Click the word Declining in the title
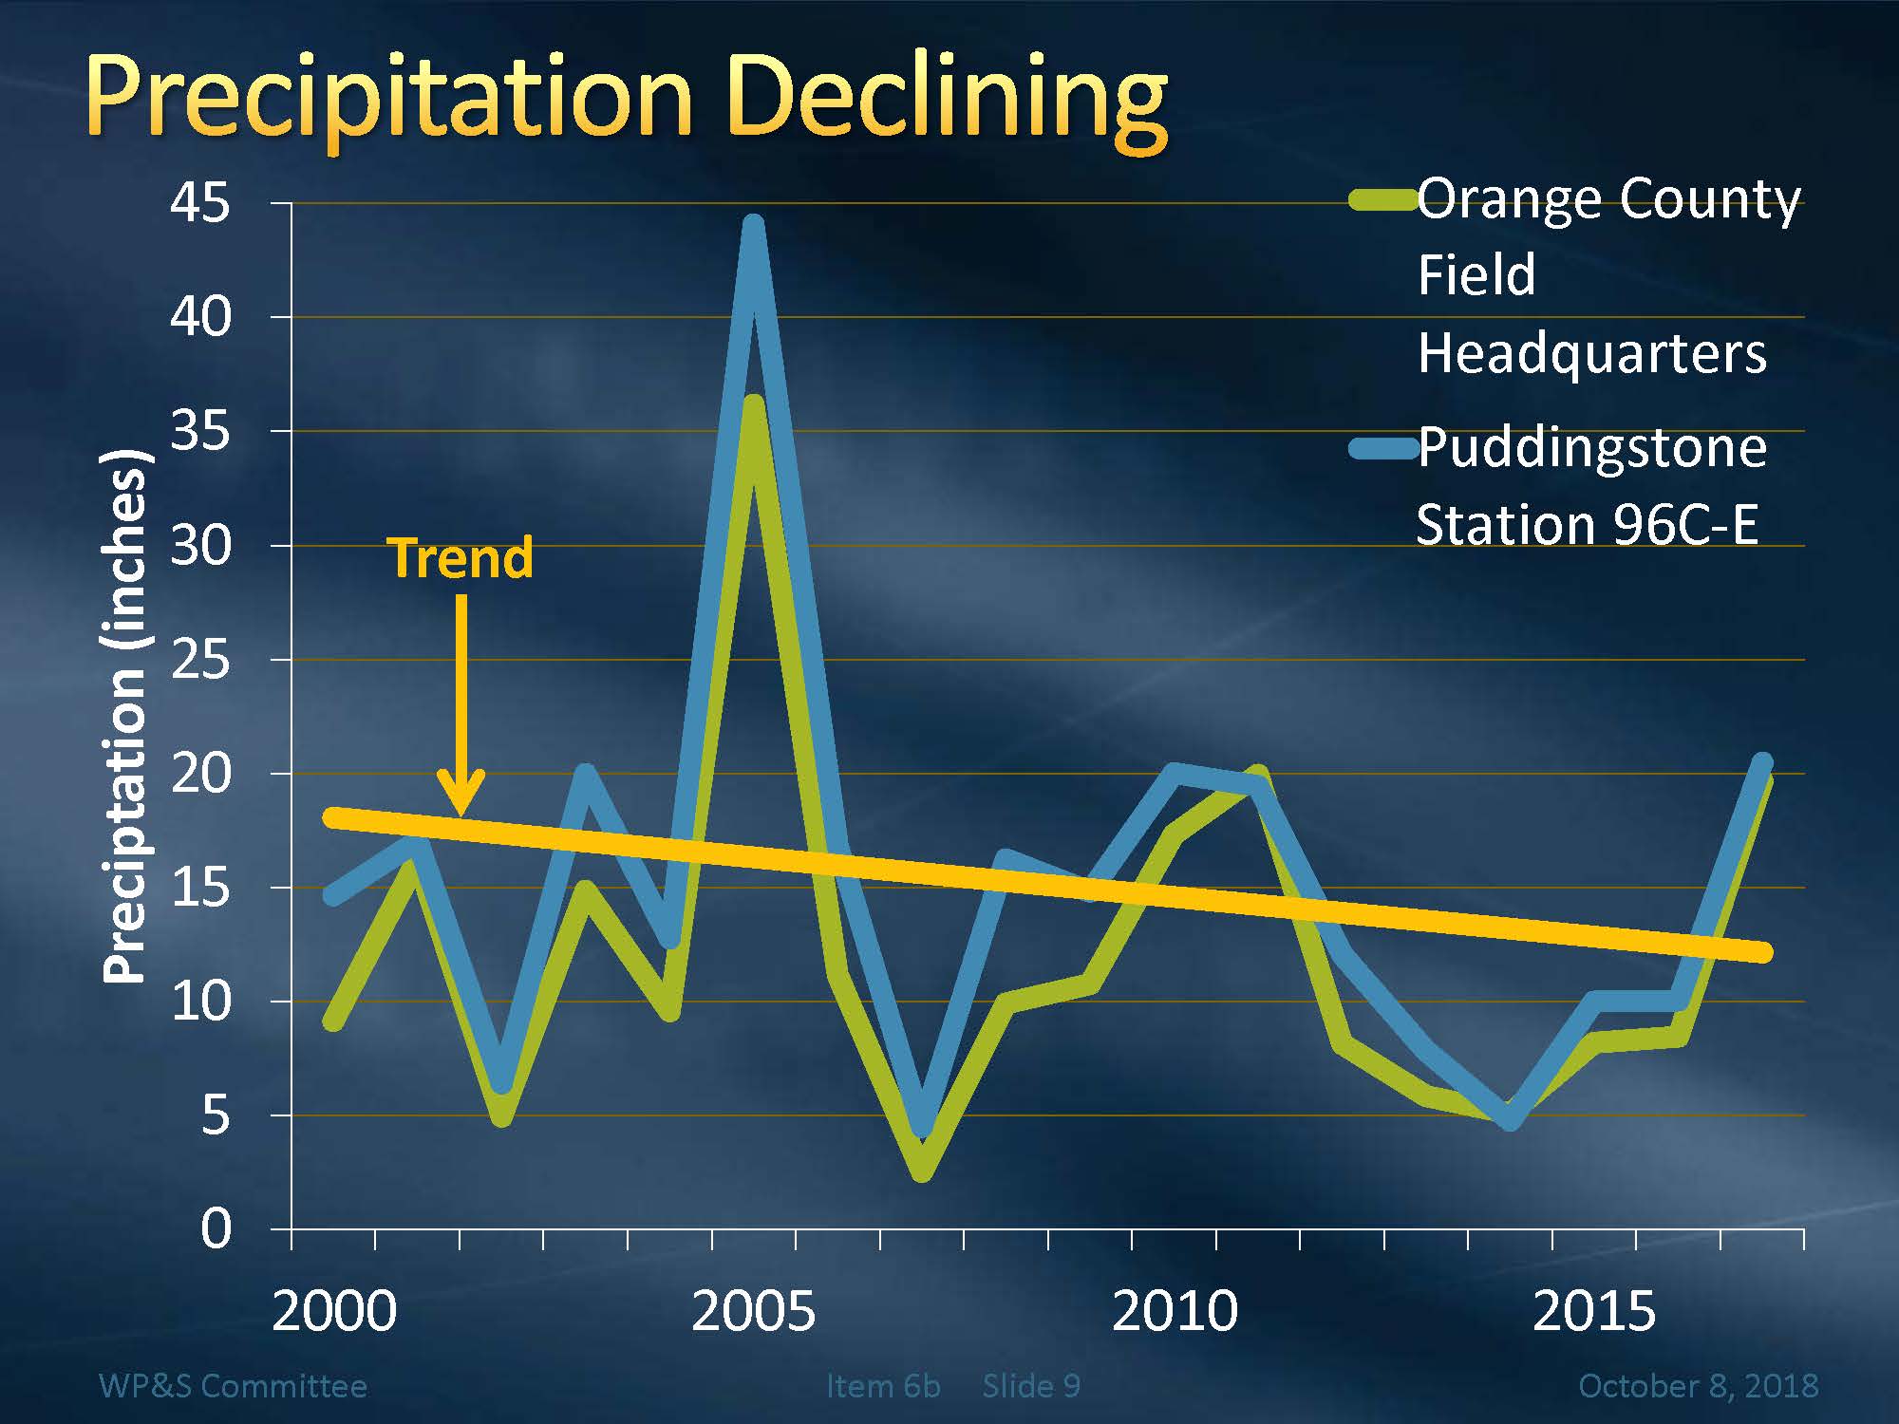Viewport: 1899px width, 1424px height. pos(949,100)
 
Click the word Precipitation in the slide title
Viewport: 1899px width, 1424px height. pos(389,100)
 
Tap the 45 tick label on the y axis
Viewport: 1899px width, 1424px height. pos(200,203)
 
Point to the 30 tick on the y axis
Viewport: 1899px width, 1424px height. pos(200,546)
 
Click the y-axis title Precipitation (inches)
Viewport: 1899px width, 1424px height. pos(125,717)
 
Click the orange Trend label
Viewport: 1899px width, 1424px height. pos(461,558)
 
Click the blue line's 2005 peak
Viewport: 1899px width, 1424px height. pos(753,228)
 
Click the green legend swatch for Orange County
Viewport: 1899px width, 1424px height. pos(1382,200)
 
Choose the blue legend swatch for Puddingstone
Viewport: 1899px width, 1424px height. pos(1382,447)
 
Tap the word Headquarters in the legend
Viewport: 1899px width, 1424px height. pos(1591,354)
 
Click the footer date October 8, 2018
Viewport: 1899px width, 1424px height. pos(1698,1386)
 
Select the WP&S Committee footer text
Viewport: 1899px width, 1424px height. pos(233,1386)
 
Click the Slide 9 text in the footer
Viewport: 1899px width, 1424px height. pos(1031,1386)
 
